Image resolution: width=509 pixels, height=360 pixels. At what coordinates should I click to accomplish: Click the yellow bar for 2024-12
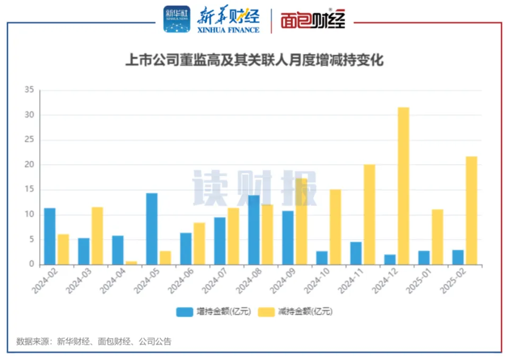pos(403,186)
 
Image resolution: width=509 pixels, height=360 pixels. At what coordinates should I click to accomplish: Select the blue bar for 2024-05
pos(152,229)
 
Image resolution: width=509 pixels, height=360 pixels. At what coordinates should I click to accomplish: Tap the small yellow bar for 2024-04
pos(131,262)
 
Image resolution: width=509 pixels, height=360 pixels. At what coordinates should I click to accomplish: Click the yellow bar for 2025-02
pos(471,210)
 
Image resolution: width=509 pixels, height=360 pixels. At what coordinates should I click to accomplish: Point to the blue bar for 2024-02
pos(50,236)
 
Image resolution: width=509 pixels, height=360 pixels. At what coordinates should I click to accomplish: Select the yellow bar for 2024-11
pos(370,214)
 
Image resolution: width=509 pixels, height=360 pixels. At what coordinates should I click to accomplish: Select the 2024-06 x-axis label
pos(180,282)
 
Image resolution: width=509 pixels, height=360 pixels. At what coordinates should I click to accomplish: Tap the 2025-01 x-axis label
pos(418,282)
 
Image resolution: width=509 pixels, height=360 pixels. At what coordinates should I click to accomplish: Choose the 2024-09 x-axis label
pos(282,282)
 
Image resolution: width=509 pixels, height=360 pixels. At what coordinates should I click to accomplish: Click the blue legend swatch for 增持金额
pos(185,312)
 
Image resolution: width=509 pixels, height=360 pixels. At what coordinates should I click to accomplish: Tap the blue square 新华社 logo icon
pos(176,20)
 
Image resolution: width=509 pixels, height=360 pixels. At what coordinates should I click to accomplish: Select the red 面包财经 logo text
pos(313,21)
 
